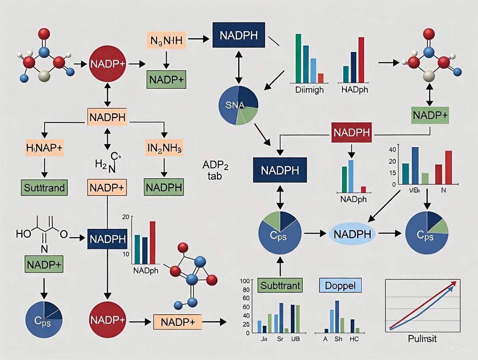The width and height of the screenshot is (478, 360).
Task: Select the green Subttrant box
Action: click(280, 286)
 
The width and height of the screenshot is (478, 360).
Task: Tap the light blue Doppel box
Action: click(340, 286)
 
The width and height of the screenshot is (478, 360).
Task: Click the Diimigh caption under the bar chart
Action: click(309, 90)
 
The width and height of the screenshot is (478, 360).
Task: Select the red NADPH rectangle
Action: click(352, 133)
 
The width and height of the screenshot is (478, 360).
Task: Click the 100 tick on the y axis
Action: click(245, 281)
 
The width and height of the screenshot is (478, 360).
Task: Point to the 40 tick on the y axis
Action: click(393, 150)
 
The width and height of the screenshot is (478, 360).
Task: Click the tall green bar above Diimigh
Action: click(298, 58)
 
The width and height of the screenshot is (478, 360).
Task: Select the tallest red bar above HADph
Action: click(361, 59)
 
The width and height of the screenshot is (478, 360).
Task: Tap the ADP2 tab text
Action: click(212, 170)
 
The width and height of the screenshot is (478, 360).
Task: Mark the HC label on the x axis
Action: click(354, 339)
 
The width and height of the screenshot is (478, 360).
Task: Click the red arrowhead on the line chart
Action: click(454, 283)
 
